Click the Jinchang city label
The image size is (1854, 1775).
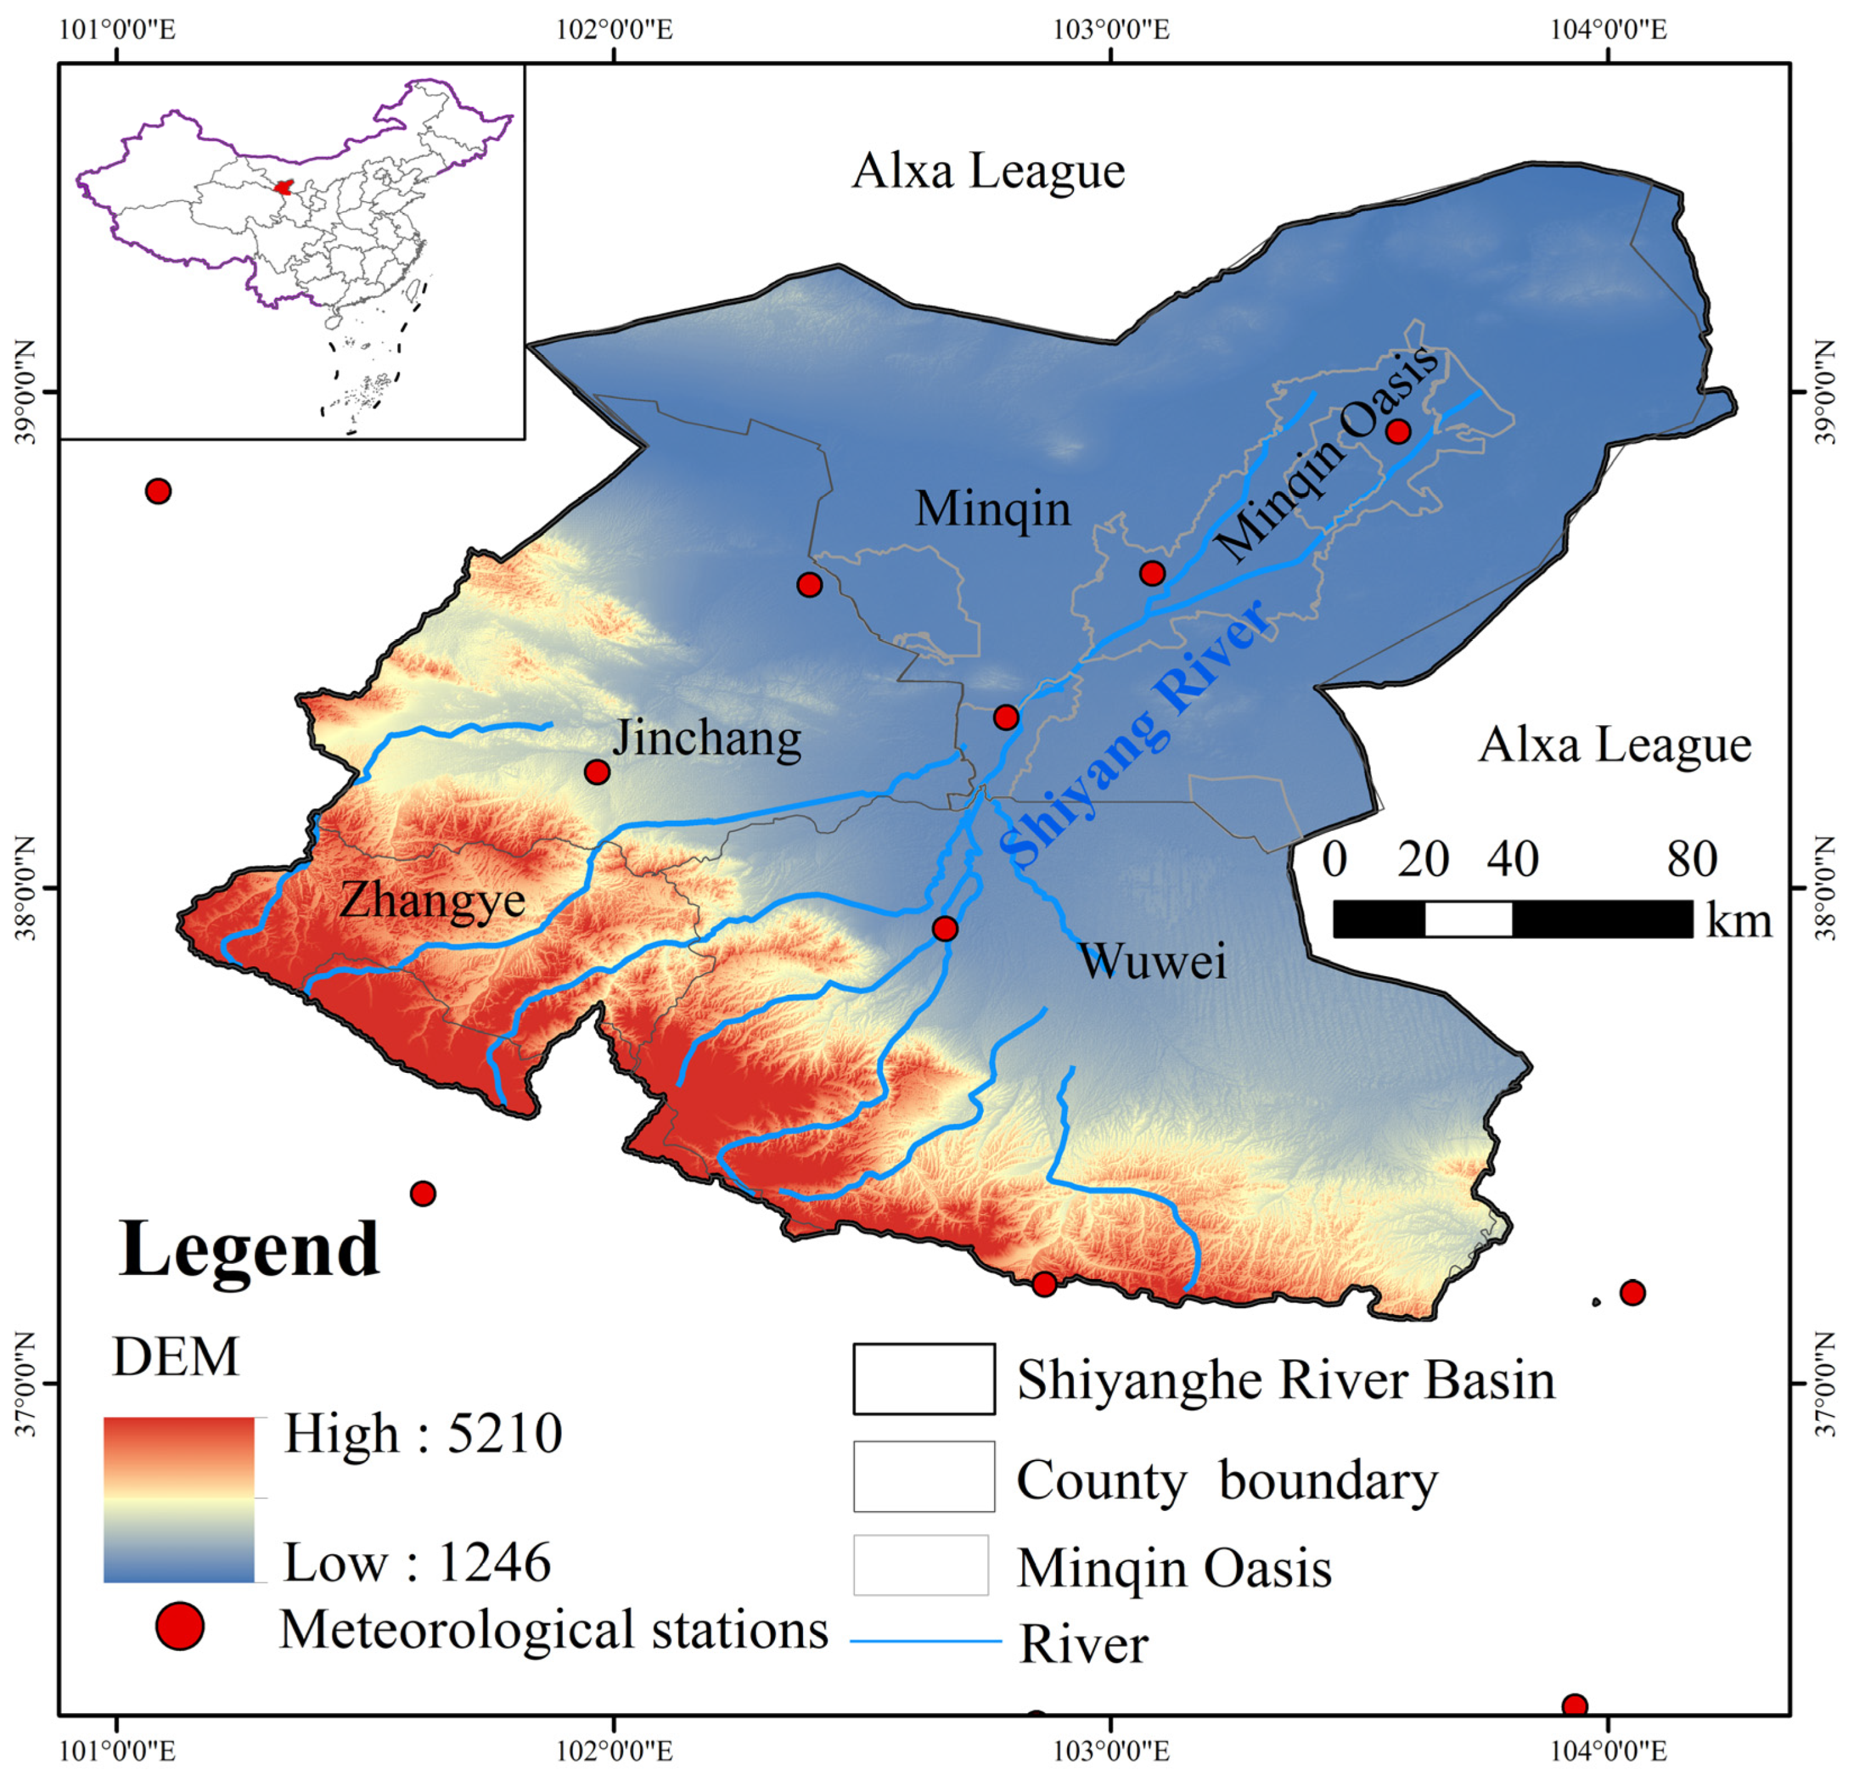(707, 740)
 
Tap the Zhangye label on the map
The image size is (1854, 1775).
(432, 899)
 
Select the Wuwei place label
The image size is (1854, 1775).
(1152, 962)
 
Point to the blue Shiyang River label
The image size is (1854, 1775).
(1133, 734)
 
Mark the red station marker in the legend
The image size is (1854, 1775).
(180, 1626)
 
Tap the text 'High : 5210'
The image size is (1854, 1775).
(423, 1434)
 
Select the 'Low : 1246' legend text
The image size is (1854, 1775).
(417, 1562)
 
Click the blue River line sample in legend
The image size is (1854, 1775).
(925, 1641)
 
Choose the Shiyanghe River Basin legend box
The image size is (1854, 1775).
(923, 1379)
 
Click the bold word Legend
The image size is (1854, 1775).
(250, 1249)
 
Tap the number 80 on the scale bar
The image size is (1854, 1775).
(1692, 859)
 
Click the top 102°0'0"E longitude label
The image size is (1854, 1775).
(614, 29)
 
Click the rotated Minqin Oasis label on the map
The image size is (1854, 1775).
(1326, 455)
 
